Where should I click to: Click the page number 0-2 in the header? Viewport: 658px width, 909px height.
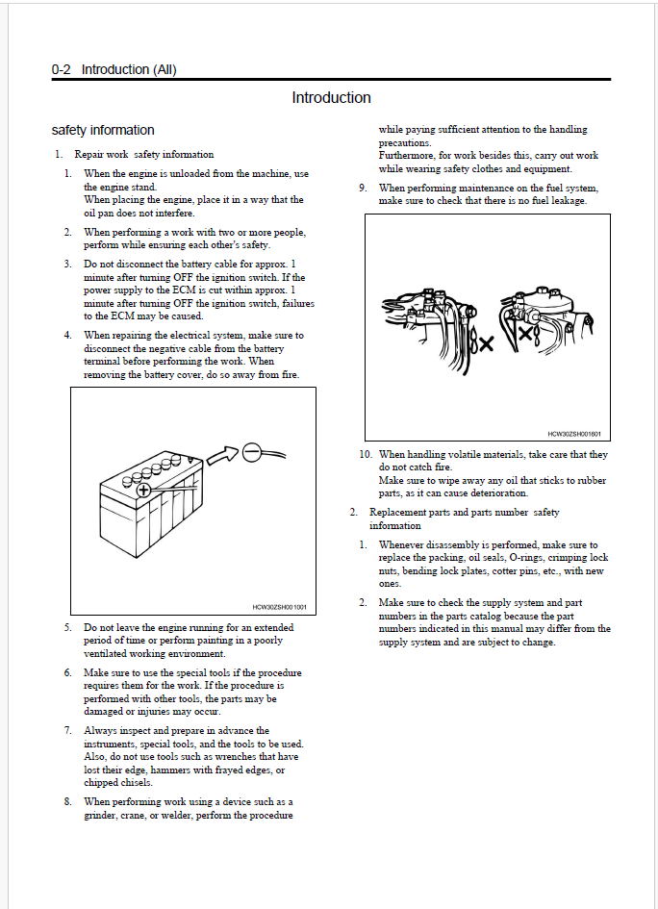click(x=62, y=69)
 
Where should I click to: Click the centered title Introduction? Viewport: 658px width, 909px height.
click(x=331, y=97)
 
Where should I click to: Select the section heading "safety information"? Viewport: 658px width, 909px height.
click(x=103, y=130)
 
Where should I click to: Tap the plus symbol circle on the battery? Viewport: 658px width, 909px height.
click(x=143, y=490)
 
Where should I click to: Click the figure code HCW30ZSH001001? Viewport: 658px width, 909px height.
click(x=279, y=607)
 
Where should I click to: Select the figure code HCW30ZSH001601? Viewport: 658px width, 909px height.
click(x=574, y=434)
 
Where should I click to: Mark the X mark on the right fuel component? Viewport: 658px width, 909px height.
click(x=524, y=334)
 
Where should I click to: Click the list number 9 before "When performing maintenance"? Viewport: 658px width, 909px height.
click(x=363, y=188)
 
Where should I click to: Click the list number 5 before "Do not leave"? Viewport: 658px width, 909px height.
click(x=68, y=626)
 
